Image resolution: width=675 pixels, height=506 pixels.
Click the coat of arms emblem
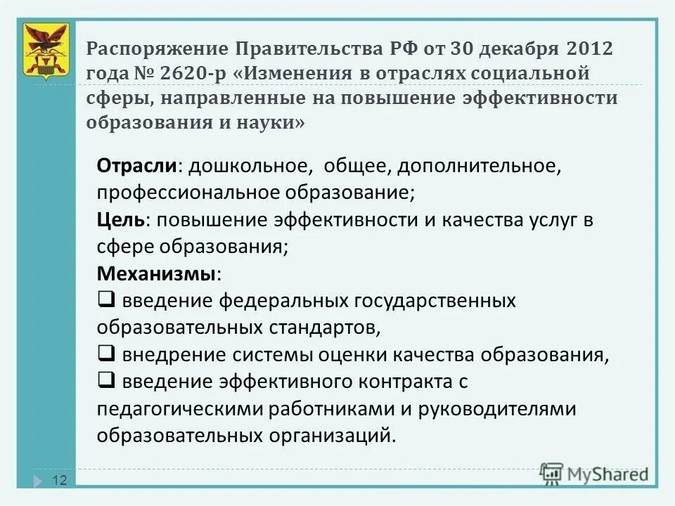[46, 51]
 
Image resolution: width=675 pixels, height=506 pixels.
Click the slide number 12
[60, 481]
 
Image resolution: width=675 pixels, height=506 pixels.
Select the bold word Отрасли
[136, 166]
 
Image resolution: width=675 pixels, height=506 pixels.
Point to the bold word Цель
[122, 219]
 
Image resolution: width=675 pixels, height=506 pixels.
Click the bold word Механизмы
[157, 273]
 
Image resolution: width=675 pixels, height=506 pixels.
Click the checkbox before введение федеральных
[107, 299]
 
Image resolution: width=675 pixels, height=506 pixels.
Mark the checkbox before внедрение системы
[107, 353]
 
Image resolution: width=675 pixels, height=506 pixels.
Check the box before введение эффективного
[107, 380]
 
